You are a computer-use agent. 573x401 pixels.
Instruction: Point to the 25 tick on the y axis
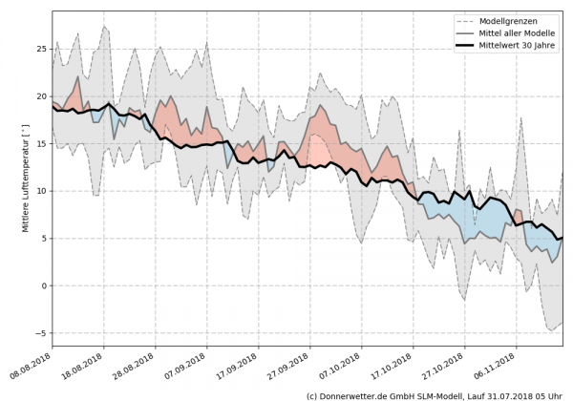(x=41, y=49)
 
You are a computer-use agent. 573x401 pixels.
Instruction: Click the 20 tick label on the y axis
(x=41, y=96)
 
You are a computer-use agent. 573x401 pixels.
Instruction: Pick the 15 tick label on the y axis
(x=41, y=143)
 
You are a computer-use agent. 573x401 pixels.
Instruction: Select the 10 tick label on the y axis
(x=41, y=191)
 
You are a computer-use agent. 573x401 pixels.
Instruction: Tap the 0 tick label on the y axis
(x=44, y=285)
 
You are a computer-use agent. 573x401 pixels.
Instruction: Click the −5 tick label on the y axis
(x=41, y=333)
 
